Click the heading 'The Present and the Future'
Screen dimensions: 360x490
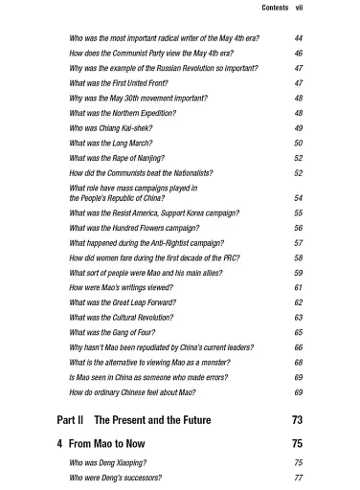(x=152, y=419)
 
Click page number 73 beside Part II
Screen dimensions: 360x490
(x=296, y=419)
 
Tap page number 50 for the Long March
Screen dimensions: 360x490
(x=298, y=143)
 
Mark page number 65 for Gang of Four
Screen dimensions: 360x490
(x=298, y=332)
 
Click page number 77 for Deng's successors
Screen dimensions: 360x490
(x=298, y=477)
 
